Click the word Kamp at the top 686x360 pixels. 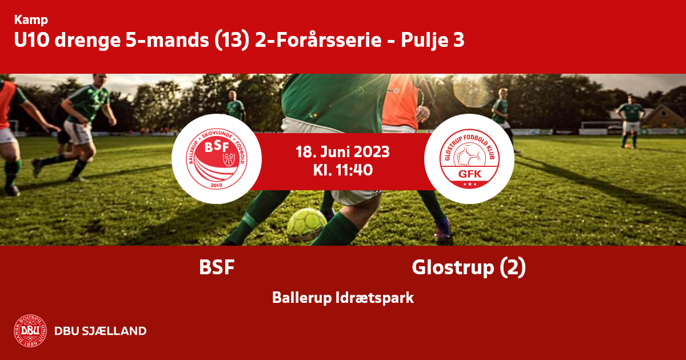tap(31, 20)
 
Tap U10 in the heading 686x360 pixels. tap(32, 40)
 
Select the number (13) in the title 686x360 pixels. tap(232, 40)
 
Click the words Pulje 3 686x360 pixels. tap(433, 41)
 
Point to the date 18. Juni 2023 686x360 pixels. tap(342, 152)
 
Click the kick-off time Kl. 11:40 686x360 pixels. tap(343, 170)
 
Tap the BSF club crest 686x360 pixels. tap(217, 159)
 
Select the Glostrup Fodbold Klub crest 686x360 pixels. tap(469, 159)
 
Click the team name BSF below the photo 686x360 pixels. tap(217, 267)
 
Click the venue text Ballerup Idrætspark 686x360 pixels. tap(343, 298)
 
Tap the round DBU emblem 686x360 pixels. tap(30, 331)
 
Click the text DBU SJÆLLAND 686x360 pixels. tap(101, 331)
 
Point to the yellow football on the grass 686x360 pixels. tap(306, 224)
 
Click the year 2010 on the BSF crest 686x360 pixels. tap(217, 185)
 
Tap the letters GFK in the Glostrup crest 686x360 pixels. tap(470, 174)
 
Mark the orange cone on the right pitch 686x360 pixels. tap(628, 146)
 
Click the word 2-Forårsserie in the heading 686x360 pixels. tap(318, 40)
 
